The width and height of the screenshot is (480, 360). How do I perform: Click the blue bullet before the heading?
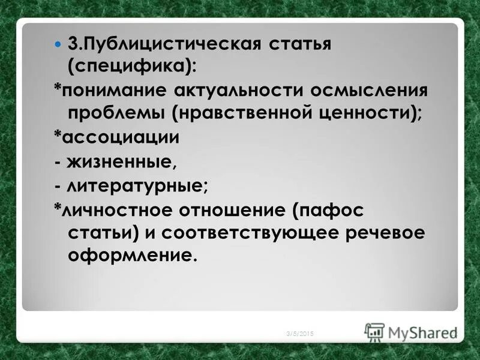click(58, 45)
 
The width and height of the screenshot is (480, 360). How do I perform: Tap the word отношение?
click(241, 211)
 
